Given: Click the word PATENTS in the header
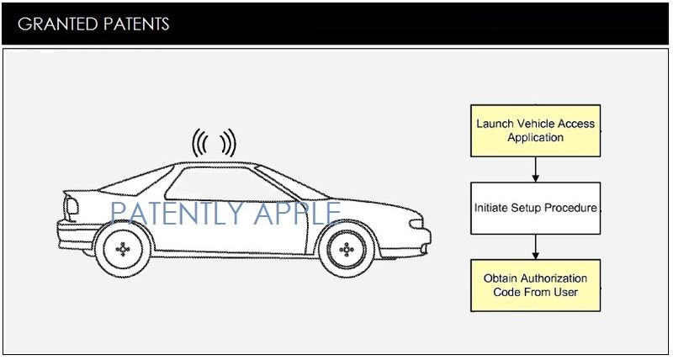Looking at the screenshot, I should click(x=135, y=24).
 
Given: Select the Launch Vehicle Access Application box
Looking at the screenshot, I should click(x=535, y=130).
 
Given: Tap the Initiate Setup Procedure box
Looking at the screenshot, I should click(x=535, y=208).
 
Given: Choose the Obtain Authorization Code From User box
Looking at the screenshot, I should click(x=535, y=285).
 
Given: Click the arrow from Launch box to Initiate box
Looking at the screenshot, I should click(x=535, y=169).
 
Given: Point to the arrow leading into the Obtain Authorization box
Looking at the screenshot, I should click(x=535, y=246).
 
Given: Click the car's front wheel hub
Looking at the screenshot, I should click(x=344, y=249).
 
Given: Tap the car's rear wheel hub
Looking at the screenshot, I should click(x=124, y=249).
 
